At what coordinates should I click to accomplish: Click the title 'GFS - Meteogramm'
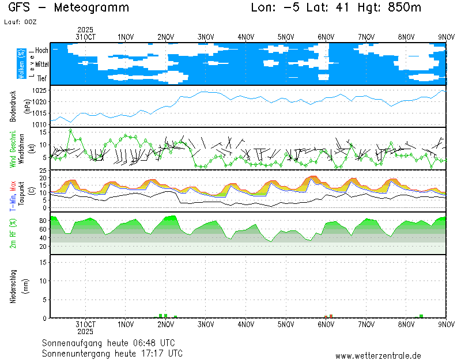tap(69, 8)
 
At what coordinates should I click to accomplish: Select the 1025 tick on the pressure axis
tap(39, 91)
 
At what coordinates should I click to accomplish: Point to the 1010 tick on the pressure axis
tap(39, 124)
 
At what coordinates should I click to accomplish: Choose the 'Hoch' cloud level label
tap(41, 51)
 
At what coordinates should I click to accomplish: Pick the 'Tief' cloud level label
tap(42, 78)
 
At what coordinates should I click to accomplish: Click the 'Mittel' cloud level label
tap(41, 65)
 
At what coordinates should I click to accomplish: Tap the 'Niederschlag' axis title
tap(13, 286)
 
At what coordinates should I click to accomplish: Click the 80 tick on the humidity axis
tap(43, 221)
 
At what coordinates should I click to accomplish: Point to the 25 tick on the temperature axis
tap(43, 171)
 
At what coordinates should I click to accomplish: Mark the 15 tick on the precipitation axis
tap(43, 262)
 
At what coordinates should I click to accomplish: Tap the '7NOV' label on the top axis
tap(366, 37)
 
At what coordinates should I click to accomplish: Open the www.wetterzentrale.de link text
tap(378, 356)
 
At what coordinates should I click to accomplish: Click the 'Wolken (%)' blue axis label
tap(21, 63)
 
